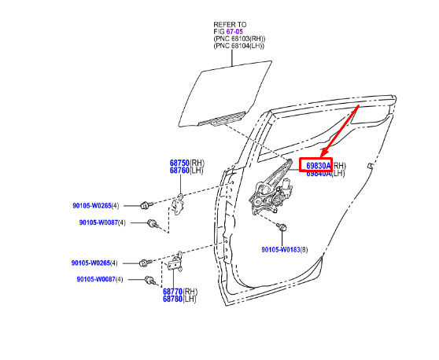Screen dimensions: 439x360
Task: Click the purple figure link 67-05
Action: [x=234, y=31]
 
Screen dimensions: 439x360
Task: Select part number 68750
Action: [x=179, y=163]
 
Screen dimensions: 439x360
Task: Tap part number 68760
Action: [x=179, y=170]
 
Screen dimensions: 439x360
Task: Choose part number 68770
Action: [x=173, y=292]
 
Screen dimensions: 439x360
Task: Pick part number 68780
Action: [x=173, y=299]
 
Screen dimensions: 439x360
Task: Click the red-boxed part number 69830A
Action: [x=319, y=166]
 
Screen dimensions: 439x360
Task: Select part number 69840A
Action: [x=319, y=174]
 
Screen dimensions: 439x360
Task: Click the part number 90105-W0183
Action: [x=281, y=249]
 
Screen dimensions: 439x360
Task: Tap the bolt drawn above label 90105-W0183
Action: [x=281, y=226]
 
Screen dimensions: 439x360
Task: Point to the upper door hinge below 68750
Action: [x=178, y=204]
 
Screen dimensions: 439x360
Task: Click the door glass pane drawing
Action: [x=225, y=94]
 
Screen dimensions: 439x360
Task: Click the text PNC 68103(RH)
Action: [x=240, y=39]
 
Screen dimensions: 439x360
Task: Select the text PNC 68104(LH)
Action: [x=239, y=46]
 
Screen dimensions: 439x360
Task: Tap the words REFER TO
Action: [x=231, y=24]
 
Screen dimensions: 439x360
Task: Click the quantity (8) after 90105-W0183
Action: [x=304, y=249]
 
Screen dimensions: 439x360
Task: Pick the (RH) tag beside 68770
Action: [x=190, y=292]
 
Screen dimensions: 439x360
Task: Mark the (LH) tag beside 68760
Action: [x=197, y=170]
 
